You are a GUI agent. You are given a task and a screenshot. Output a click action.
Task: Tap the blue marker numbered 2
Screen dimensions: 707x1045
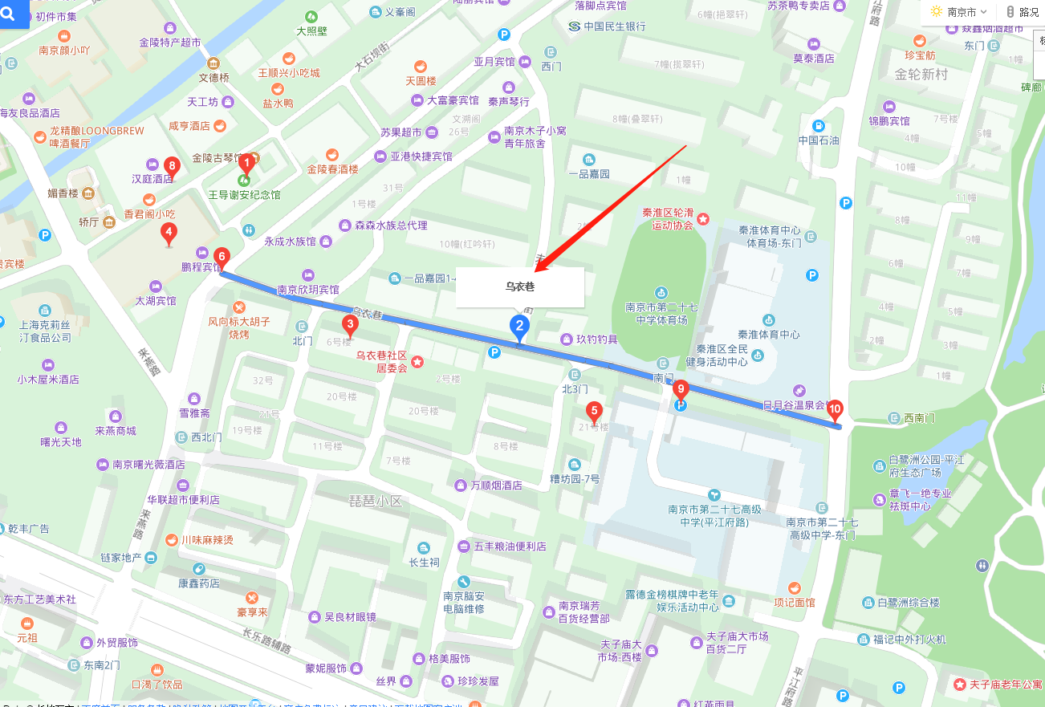coord(519,326)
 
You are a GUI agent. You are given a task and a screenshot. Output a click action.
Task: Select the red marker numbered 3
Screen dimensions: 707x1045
coord(350,324)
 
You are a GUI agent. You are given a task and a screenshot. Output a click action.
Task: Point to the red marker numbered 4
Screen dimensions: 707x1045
coord(169,234)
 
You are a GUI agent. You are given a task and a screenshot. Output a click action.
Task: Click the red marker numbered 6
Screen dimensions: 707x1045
coord(222,258)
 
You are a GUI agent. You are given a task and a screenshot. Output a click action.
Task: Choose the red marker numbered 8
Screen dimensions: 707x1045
coord(171,166)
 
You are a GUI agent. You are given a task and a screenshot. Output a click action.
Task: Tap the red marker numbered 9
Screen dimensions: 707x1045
coord(681,390)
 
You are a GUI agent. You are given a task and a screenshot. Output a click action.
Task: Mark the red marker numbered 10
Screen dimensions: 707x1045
coord(835,410)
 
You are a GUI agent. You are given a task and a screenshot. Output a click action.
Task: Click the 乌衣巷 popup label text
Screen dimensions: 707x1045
coord(519,286)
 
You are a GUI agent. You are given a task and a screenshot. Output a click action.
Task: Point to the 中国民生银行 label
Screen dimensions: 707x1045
coord(614,26)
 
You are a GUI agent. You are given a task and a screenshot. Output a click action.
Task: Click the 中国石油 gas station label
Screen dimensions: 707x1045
coord(818,140)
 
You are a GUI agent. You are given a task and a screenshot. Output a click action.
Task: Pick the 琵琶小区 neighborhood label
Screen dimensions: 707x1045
coord(375,501)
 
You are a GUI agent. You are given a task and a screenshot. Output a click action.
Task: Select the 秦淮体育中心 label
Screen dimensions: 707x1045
coord(769,335)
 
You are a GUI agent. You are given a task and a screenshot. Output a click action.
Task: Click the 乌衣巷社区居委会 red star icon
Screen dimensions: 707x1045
coord(417,363)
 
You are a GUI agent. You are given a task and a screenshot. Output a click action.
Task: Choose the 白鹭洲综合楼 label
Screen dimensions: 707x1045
coord(908,603)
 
